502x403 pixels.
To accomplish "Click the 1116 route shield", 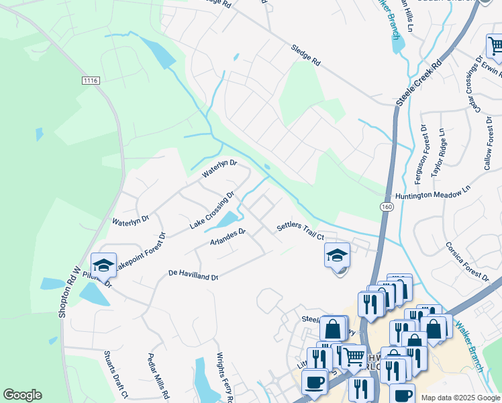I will (x=91, y=81).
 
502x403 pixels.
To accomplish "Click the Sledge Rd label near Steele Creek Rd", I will (x=305, y=55).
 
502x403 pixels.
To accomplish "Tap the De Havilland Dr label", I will (x=194, y=275).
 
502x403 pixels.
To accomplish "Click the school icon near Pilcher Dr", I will (x=103, y=266).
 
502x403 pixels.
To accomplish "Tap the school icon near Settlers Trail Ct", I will (x=337, y=255).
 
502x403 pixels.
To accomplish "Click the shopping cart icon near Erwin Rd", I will (x=495, y=46).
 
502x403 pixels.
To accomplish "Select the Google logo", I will (x=22, y=395).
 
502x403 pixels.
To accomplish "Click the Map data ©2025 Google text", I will (x=460, y=398).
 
